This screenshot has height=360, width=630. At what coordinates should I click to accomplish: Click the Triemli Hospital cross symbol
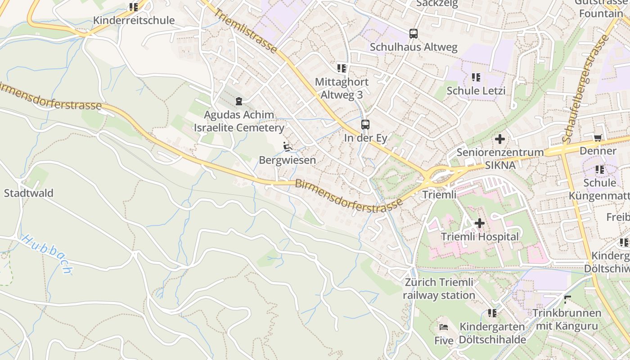[480, 223]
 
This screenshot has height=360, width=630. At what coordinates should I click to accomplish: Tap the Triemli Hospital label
[480, 237]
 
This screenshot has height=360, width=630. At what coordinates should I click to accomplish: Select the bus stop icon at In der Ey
[365, 125]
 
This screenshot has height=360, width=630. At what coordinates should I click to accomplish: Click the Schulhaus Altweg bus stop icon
[413, 33]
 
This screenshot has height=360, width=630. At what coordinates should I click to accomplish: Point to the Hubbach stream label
[47, 254]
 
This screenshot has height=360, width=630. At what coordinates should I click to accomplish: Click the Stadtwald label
[29, 193]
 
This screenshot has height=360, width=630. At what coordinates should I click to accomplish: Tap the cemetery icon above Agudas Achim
[238, 101]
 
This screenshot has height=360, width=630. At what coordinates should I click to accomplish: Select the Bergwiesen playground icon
[287, 147]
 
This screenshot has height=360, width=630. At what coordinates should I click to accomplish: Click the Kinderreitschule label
[134, 20]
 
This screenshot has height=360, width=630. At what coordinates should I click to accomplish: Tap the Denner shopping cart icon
[598, 138]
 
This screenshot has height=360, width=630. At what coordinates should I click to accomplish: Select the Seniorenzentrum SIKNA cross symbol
[499, 139]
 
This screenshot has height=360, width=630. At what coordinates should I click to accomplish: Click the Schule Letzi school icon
[476, 77]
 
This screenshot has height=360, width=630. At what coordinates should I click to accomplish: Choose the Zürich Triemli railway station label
[439, 289]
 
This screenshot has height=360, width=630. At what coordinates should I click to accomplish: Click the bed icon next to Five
[444, 327]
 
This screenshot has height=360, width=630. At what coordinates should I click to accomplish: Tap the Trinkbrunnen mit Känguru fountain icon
[567, 299]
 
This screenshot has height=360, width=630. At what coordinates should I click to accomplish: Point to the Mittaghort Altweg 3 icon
[342, 68]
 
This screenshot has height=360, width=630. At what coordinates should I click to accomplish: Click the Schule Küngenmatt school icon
[599, 170]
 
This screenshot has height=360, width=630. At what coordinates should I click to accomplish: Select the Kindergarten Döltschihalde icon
[492, 313]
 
